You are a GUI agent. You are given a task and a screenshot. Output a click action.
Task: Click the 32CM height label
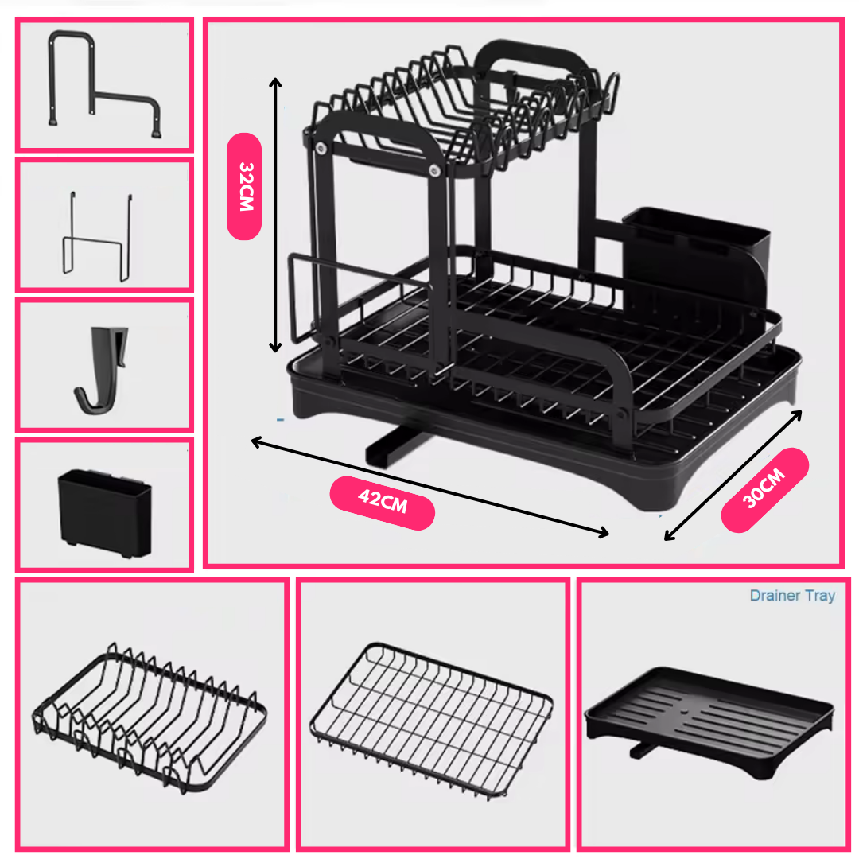[244, 186]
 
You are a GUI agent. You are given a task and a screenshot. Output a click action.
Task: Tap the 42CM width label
[383, 503]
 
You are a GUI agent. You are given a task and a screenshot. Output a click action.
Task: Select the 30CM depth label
[765, 489]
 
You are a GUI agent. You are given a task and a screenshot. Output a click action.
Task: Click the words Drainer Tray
[792, 596]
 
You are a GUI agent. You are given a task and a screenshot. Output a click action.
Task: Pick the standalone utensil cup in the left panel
[105, 513]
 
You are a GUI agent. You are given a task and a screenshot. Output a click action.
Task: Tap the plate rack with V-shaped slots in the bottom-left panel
[149, 717]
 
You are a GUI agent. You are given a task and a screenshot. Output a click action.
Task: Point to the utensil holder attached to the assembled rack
[696, 263]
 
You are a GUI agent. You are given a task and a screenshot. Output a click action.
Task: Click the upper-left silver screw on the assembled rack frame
[321, 149]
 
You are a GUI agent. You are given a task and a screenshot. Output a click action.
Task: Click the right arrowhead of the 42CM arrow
[604, 532]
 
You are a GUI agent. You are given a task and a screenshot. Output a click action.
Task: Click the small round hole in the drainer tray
[684, 713]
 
